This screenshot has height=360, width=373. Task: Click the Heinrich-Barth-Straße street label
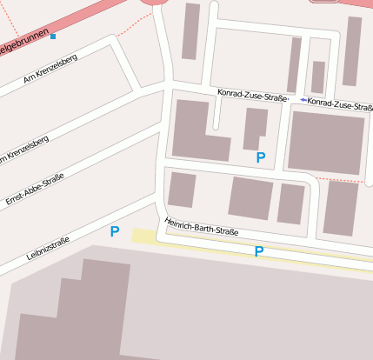tap(202, 226)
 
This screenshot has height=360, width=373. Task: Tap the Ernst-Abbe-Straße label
tap(35, 190)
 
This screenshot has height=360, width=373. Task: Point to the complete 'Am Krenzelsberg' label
tap(50, 70)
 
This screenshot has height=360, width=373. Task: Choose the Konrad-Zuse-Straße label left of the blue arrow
tap(252, 96)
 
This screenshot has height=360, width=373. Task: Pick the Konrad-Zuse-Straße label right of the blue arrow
tap(340, 105)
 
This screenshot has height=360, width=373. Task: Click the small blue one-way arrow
tap(303, 101)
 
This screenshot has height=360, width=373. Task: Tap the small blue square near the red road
tap(53, 37)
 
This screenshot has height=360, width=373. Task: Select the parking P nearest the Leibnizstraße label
tap(114, 232)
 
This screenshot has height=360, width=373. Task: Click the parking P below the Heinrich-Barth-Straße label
tap(258, 252)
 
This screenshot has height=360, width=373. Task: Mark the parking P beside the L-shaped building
tap(260, 158)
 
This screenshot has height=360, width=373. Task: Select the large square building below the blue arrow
tap(326, 142)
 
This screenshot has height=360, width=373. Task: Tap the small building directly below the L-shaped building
tap(182, 189)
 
